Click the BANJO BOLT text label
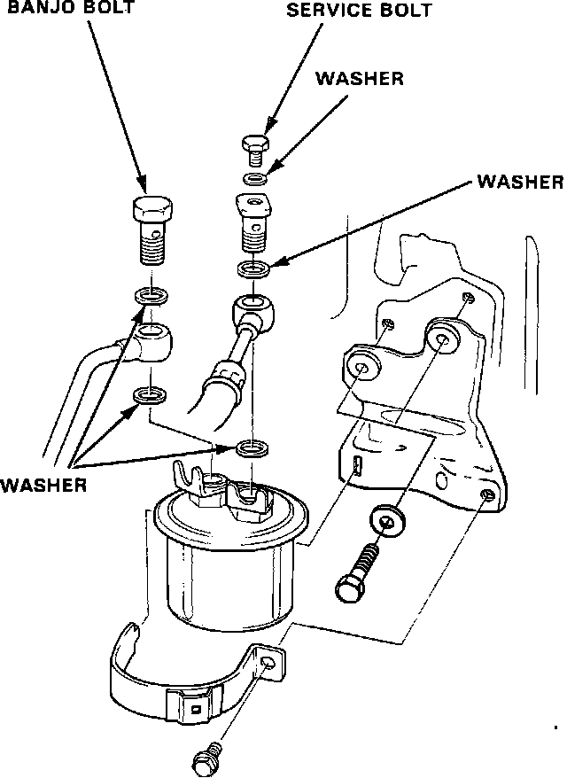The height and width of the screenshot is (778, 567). pos(71,7)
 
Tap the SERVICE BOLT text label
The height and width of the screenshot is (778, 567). pos(359,11)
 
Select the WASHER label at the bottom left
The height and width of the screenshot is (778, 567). pos(43,485)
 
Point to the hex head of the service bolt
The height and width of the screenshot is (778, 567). pos(256,144)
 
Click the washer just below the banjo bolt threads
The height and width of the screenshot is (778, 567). pos(151,296)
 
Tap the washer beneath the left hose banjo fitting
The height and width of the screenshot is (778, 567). pos(150,395)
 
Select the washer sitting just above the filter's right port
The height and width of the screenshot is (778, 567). pos(253,448)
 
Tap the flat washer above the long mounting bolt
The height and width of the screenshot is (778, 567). pos(387,522)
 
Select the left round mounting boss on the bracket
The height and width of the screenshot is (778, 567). pos(362,368)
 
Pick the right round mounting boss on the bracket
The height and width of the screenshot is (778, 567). pos(442,338)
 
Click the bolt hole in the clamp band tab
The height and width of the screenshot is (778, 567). pos(268,663)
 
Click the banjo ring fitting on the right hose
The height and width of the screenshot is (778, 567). pos(254,308)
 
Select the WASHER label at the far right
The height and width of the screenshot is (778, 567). pos(520,182)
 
